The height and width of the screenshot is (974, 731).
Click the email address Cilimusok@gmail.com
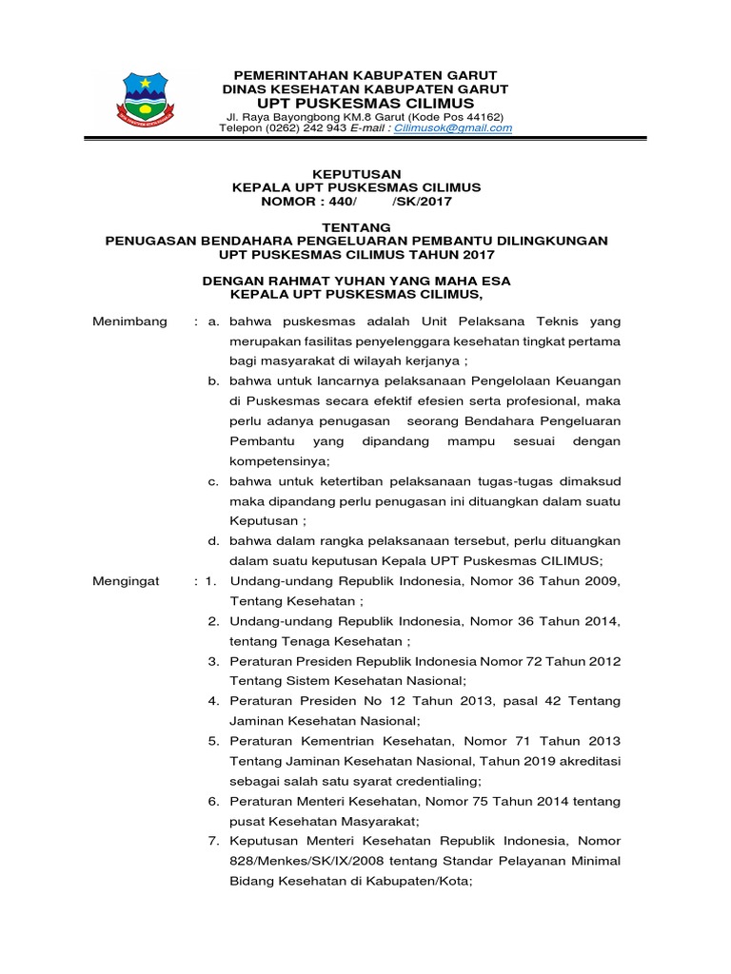point(459,127)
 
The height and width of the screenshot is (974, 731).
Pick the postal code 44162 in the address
point(477,115)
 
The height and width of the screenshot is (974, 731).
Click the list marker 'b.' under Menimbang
point(214,380)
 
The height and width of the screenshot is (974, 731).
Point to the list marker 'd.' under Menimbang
point(214,540)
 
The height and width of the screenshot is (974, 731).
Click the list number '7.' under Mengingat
point(214,841)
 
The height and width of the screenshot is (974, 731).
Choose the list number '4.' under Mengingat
point(214,700)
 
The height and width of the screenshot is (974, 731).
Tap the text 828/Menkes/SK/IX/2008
point(304,861)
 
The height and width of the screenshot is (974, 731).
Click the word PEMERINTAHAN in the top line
point(286,75)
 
